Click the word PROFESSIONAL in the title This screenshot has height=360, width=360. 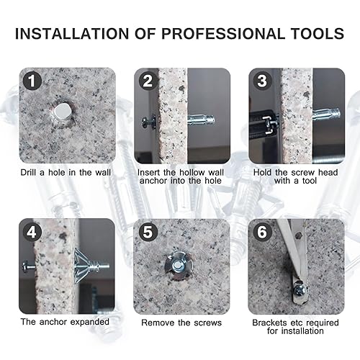tap(223, 34)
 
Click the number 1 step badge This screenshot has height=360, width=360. tap(32, 81)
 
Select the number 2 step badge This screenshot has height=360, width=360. tap(148, 81)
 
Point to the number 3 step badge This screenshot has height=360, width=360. tap(262, 81)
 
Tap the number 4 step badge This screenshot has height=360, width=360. tap(32, 232)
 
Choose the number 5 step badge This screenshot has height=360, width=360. tap(147, 232)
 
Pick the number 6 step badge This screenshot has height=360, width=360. tap(261, 232)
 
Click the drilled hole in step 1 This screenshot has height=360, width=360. tap(61, 112)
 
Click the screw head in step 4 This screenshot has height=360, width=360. tap(26, 266)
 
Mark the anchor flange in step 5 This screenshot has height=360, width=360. tap(177, 265)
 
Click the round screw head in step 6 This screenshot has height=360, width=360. tap(300, 291)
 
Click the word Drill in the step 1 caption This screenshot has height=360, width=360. tap(28, 172)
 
